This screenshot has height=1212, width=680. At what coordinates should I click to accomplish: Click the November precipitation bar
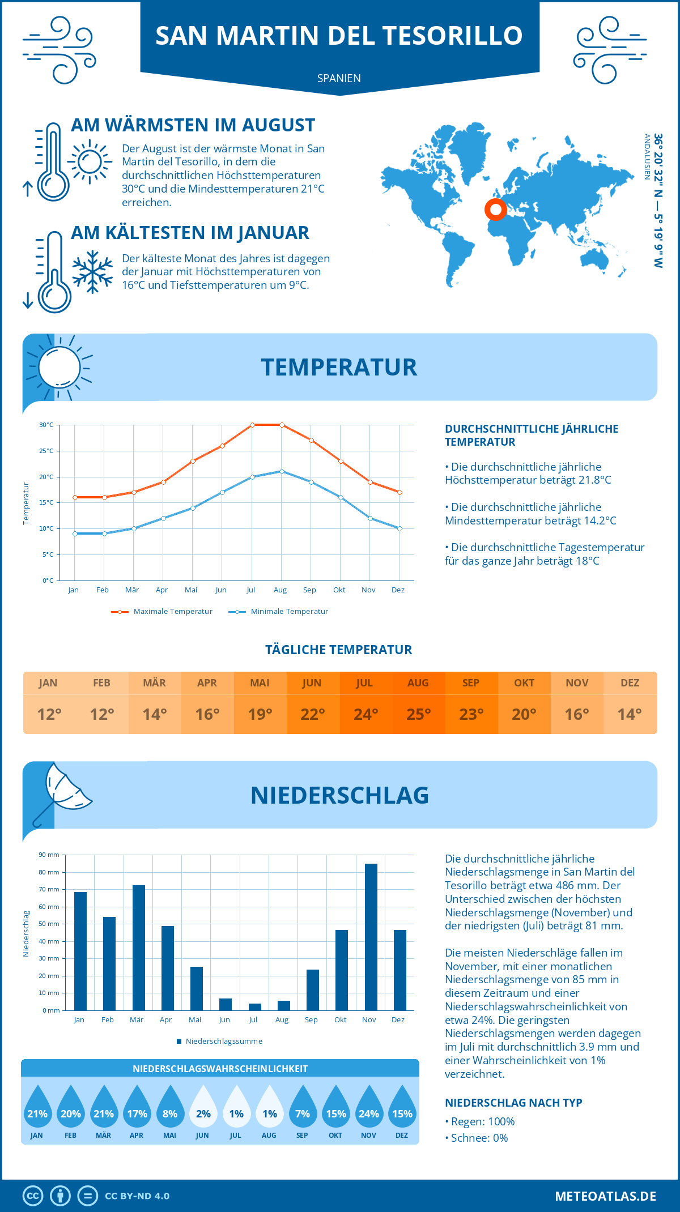[x=371, y=937]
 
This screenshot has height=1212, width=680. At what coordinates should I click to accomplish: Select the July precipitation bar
[x=255, y=1007]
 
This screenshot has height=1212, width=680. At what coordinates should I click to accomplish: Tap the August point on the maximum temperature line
[x=282, y=425]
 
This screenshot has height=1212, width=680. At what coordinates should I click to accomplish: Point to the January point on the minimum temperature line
[x=75, y=534]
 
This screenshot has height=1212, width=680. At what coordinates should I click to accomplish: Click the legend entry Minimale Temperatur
[x=289, y=612]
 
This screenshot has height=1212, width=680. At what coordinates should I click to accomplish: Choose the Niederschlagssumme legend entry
[x=223, y=1042]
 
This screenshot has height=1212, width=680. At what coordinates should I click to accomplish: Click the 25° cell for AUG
[x=418, y=714]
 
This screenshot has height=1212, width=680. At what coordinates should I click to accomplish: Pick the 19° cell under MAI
[x=260, y=714]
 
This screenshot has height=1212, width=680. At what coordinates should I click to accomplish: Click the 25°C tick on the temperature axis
[x=46, y=451]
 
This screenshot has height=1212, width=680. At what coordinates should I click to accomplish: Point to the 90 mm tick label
[x=49, y=855]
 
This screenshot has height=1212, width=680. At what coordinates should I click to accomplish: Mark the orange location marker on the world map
[x=495, y=210]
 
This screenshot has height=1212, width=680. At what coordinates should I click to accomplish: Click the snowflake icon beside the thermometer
[x=92, y=272]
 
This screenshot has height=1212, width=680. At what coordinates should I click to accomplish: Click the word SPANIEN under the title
[x=339, y=78]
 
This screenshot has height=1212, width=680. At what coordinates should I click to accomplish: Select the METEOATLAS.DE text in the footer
[x=605, y=1196]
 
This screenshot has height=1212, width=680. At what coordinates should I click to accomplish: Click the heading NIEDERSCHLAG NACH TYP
[x=513, y=1103]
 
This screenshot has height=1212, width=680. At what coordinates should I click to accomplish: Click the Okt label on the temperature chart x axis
[x=339, y=590]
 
